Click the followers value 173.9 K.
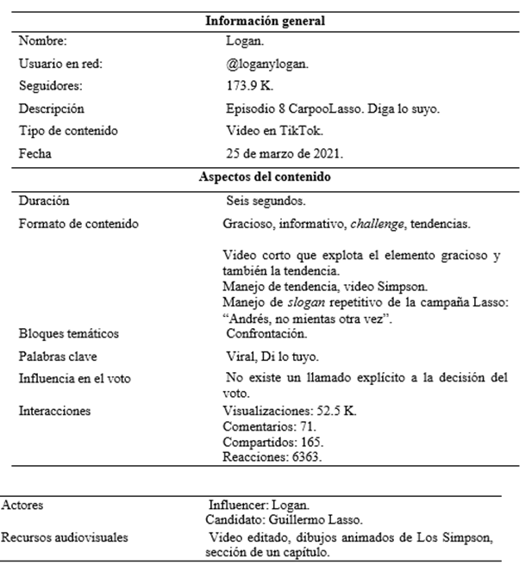[x=245, y=86]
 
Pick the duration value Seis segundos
[x=265, y=201]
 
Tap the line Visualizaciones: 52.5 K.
[x=289, y=411]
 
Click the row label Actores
[x=23, y=506]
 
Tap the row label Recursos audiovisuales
[x=65, y=537]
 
